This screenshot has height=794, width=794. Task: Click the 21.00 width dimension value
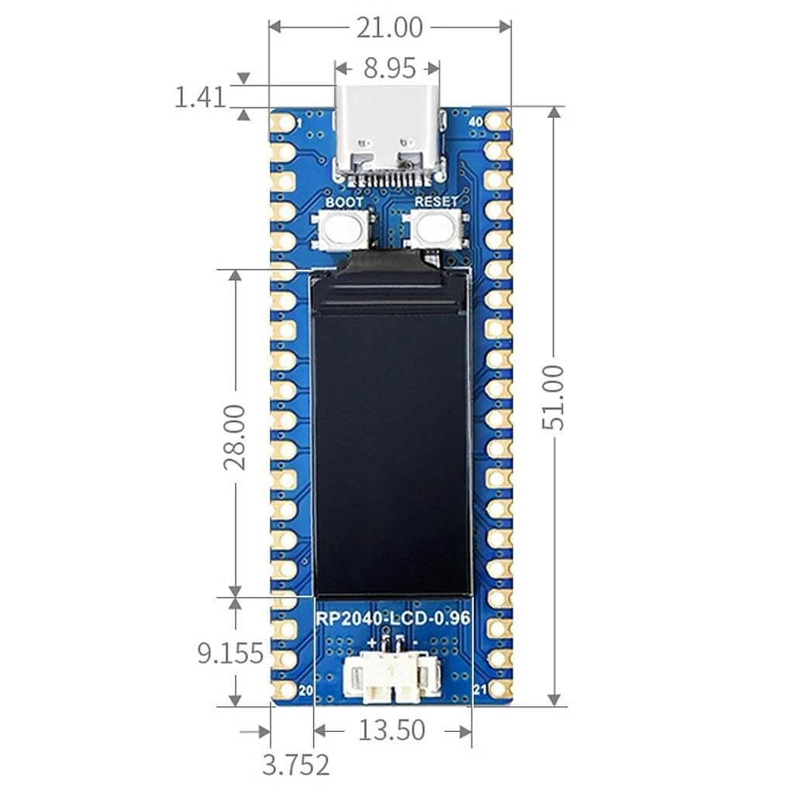[389, 27]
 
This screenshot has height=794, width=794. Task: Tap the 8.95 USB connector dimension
[389, 68]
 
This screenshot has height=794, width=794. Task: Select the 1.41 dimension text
[199, 98]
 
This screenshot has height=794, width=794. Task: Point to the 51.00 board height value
[554, 407]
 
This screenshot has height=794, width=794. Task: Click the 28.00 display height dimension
[234, 436]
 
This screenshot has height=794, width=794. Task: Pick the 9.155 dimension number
[230, 653]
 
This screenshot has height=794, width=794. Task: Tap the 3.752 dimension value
[295, 765]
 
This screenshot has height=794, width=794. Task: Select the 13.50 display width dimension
[392, 730]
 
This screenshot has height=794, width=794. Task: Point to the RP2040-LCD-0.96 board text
[392, 620]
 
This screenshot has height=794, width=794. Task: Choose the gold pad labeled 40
[499, 122]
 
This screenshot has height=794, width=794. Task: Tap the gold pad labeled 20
[284, 689]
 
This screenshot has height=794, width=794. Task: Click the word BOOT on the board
[343, 202]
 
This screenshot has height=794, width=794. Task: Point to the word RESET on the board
[437, 202]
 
